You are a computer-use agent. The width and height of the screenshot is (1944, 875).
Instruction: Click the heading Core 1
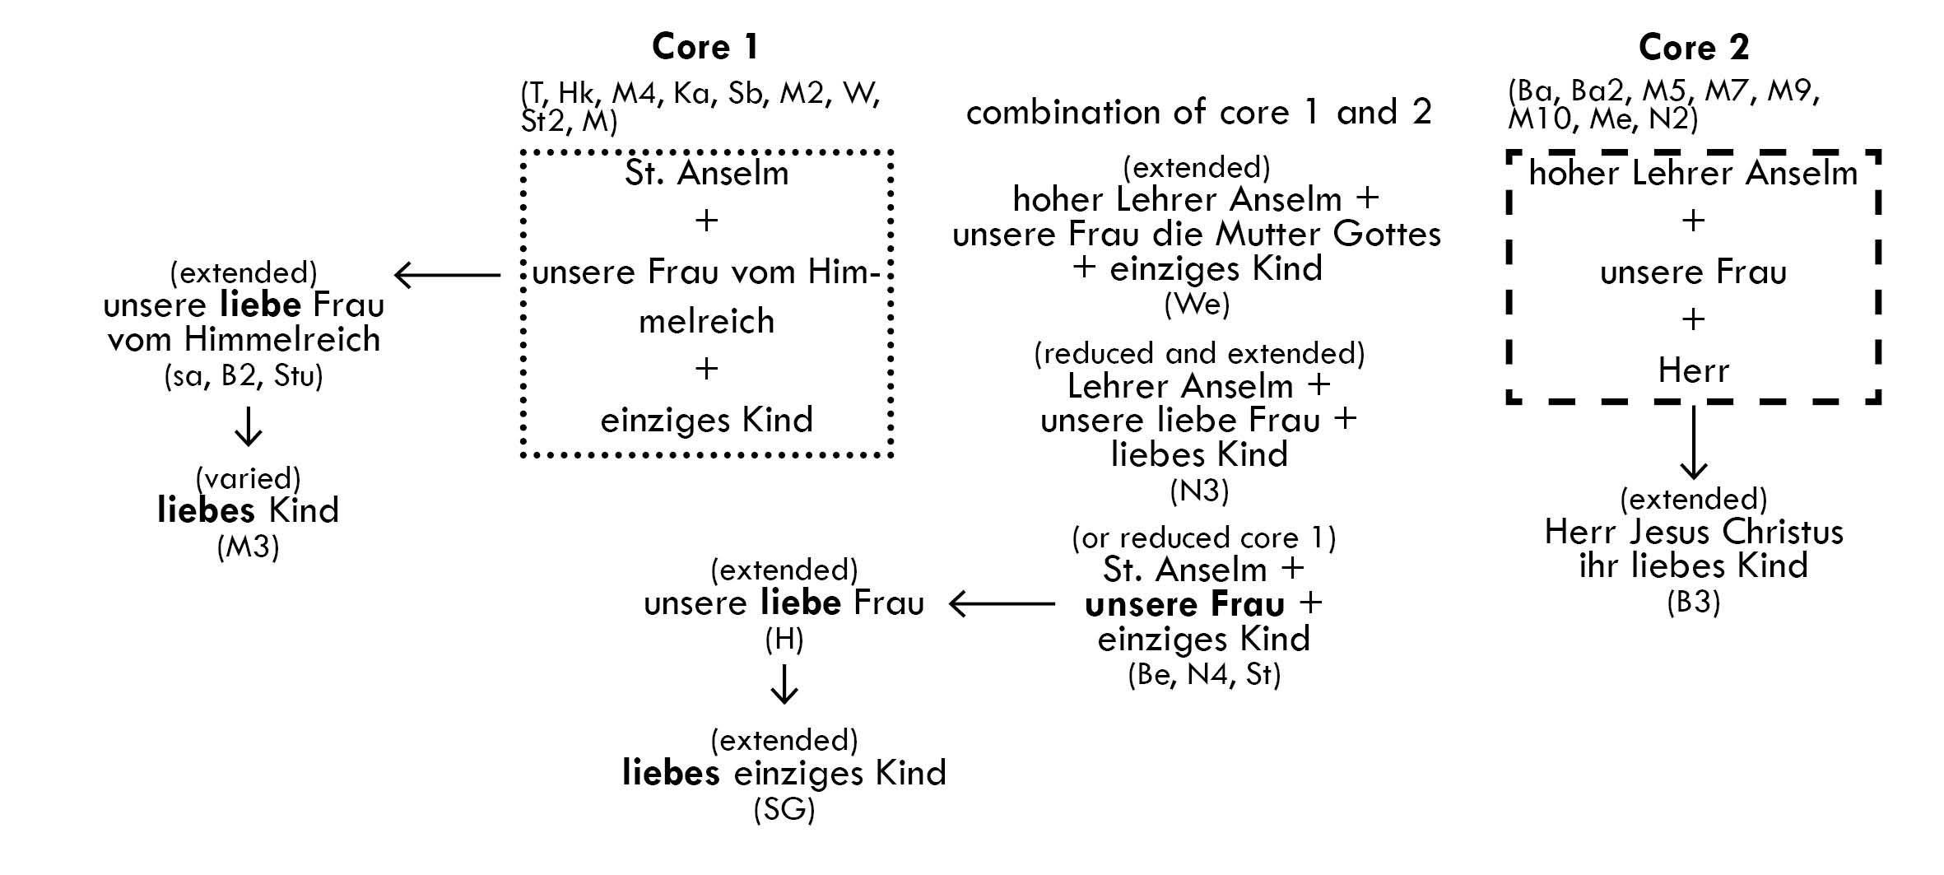tap(705, 47)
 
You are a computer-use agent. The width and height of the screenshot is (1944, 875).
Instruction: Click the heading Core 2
tap(1693, 47)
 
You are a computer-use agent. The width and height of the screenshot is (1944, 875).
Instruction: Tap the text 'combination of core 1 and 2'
tap(1198, 112)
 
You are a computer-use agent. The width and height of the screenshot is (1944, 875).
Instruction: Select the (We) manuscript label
tap(1197, 305)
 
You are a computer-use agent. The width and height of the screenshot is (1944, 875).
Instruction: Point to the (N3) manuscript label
tap(1199, 491)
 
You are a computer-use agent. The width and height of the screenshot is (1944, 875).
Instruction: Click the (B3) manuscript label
tap(1693, 603)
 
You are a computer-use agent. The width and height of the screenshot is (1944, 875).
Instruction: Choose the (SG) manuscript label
tap(784, 810)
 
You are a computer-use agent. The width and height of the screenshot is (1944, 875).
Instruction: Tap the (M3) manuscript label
tap(248, 547)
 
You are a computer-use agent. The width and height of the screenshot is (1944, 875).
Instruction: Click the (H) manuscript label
tap(784, 640)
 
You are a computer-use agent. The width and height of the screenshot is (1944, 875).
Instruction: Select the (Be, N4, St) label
tap(1203, 675)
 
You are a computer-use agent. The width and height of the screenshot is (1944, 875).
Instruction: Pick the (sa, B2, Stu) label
tap(243, 376)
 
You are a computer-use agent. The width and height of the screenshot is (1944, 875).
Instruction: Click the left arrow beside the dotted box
tap(447, 275)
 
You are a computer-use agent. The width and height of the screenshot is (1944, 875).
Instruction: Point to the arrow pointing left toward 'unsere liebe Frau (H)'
tap(1001, 604)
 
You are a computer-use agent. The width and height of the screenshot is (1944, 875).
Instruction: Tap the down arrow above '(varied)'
tap(248, 426)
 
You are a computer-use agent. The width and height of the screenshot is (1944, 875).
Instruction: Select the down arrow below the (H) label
tap(784, 685)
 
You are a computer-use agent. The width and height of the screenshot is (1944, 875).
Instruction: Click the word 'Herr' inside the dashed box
tap(1693, 371)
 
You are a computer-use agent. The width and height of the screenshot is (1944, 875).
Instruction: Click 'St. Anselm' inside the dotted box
tap(706, 174)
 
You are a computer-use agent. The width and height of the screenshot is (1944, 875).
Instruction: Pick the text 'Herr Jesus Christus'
tap(1693, 533)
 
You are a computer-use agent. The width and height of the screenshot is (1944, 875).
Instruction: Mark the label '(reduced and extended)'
tap(1198, 354)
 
